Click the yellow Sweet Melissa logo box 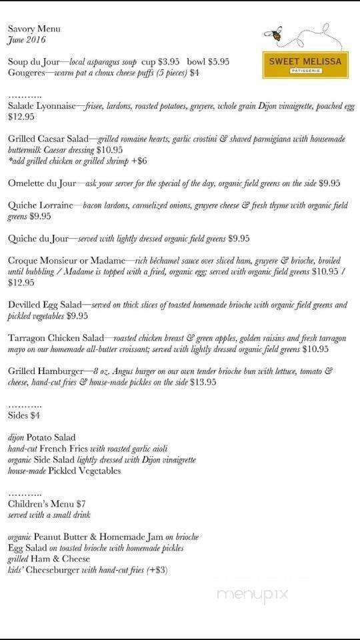[x=305, y=65]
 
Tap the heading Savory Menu [x=34, y=29]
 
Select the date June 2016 [x=26, y=40]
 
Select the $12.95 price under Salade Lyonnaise [x=21, y=117]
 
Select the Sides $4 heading [x=24, y=415]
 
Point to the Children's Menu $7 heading [x=47, y=504]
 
